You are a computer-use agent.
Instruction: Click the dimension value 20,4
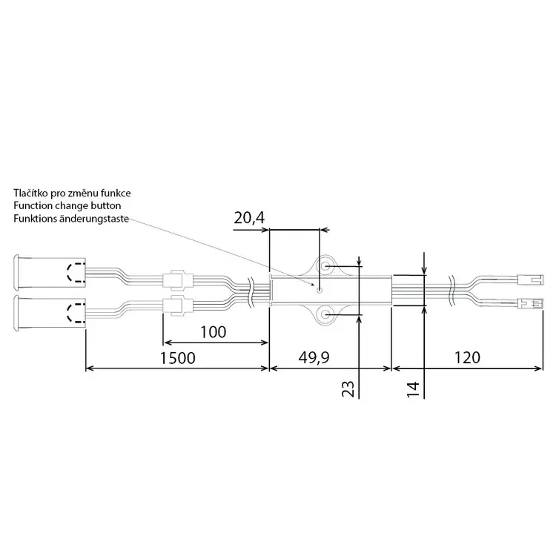[x=249, y=218]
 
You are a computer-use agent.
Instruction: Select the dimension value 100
[x=214, y=332]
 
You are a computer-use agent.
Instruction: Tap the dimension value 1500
[x=177, y=358]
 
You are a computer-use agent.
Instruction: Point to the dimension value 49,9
[x=314, y=358]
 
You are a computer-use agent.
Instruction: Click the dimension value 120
[x=467, y=357]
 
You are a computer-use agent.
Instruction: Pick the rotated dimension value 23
[x=348, y=389]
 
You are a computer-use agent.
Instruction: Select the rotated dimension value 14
[x=413, y=389]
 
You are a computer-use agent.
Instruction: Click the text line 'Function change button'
[x=67, y=205]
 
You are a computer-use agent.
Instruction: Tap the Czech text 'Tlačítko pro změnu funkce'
[x=72, y=193]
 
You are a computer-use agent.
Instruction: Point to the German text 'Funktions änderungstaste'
[x=71, y=219]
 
